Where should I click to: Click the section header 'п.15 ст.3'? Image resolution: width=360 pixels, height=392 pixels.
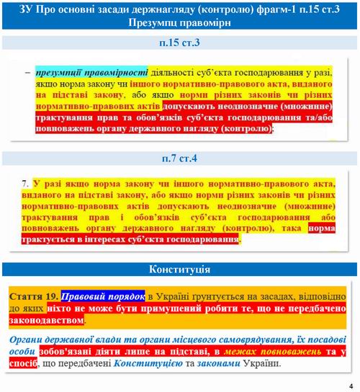[x=180, y=44]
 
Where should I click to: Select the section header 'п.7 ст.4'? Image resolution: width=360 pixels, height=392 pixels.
[x=180, y=157]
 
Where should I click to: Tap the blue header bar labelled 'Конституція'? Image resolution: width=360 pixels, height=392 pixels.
[x=180, y=269]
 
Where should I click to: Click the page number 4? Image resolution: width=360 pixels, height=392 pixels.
[x=351, y=383]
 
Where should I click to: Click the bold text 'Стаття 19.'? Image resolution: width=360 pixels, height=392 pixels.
[x=34, y=297]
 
